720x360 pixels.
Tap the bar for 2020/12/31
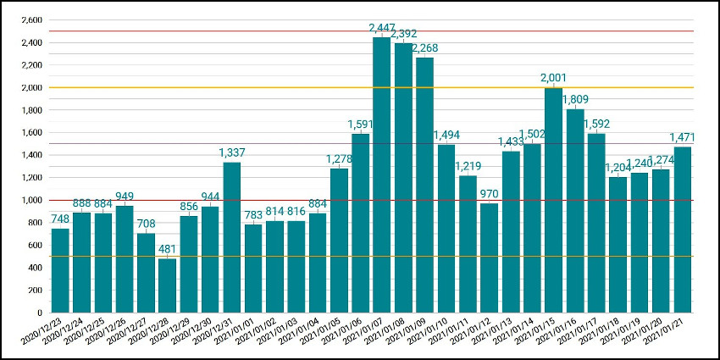point(232,237)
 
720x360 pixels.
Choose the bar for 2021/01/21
point(683,230)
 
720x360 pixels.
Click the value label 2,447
point(382,29)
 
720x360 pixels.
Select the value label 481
point(168,250)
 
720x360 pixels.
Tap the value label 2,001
point(554,79)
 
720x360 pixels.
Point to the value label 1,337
point(232,153)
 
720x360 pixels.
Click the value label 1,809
point(575,101)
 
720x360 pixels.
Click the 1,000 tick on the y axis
point(30,201)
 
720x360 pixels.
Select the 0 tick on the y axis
point(39,313)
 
